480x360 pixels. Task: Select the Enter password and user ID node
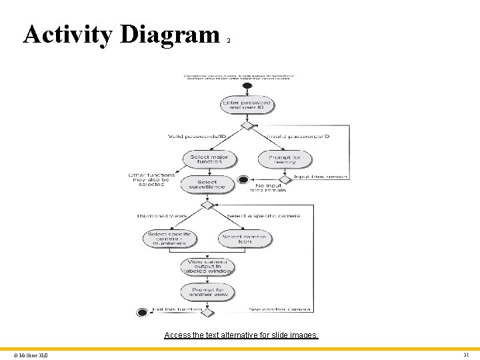pyautogui.click(x=247, y=105)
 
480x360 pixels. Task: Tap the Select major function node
pyautogui.click(x=209, y=160)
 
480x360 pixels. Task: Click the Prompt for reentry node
pyautogui.click(x=284, y=160)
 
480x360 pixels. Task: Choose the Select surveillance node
pyautogui.click(x=207, y=185)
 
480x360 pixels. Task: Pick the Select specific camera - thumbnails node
pyautogui.click(x=170, y=239)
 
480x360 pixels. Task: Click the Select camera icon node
pyautogui.click(x=245, y=239)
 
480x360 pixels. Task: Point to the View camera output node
pyautogui.click(x=207, y=267)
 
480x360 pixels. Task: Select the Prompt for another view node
pyautogui.click(x=207, y=292)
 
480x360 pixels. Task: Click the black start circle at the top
pyautogui.click(x=247, y=85)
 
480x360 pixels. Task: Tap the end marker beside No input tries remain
pyautogui.click(x=243, y=179)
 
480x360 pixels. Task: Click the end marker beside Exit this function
pyautogui.click(x=141, y=312)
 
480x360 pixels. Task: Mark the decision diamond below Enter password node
pyautogui.click(x=247, y=125)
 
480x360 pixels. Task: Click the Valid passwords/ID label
pyautogui.click(x=197, y=137)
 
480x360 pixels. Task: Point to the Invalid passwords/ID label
pyautogui.click(x=298, y=137)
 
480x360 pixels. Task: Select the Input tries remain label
pyautogui.click(x=321, y=177)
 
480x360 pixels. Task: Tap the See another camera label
pyautogui.click(x=280, y=309)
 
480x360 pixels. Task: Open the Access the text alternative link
pyautogui.click(x=241, y=335)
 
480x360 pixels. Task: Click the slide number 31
pyautogui.click(x=467, y=355)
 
